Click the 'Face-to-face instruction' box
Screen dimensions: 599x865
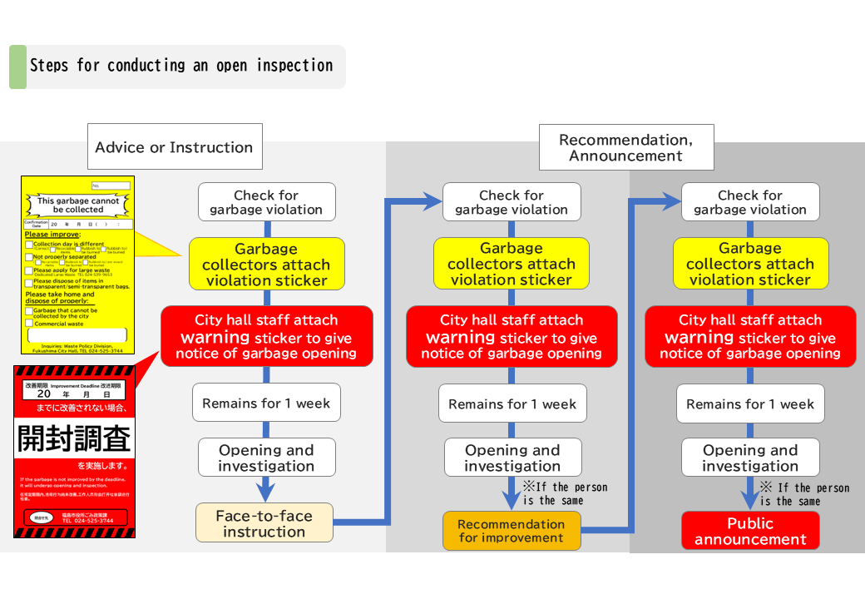264,523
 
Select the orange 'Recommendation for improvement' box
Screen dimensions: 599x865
511,531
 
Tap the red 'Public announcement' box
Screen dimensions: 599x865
750,531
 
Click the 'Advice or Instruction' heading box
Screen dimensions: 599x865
174,147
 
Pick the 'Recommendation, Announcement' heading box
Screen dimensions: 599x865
625,147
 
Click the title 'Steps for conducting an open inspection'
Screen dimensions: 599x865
181,66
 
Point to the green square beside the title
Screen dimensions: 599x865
17,67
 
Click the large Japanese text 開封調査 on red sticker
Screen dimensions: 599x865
75,437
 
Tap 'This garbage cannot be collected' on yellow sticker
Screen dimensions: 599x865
78,205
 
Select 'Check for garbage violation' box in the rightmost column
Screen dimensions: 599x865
750,202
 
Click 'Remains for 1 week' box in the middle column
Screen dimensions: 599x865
512,403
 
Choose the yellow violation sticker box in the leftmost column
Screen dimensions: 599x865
266,265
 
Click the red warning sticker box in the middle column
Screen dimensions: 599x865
512,336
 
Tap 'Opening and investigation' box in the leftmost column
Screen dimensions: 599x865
266,458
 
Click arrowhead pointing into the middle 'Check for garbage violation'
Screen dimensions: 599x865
432,200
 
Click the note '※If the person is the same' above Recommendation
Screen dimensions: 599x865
565,493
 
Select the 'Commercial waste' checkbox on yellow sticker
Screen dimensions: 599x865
29,324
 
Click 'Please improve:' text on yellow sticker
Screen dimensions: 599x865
47,235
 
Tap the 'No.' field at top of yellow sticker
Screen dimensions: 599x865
111,186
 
